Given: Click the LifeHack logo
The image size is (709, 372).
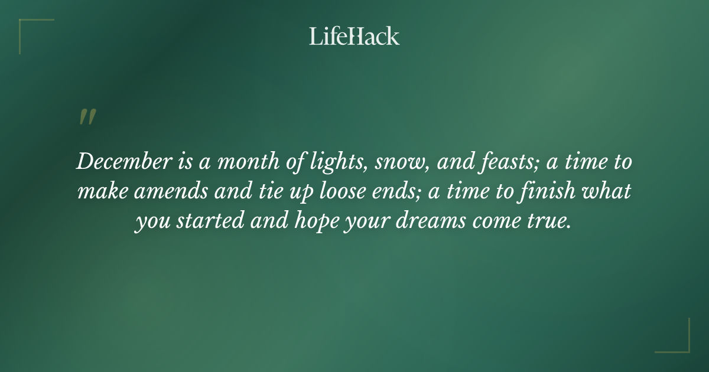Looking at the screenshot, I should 354,37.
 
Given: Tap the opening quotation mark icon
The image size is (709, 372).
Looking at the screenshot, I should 87,117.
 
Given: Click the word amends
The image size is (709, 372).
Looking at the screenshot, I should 172,192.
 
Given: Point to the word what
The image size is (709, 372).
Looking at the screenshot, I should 611,192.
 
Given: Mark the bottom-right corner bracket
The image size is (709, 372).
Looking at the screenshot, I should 679,342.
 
